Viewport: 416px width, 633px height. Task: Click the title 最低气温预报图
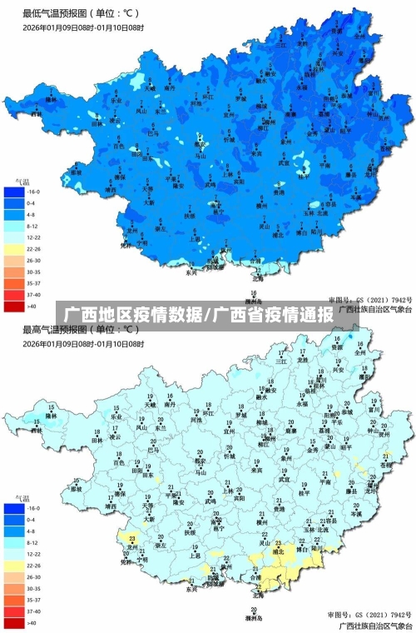click(x=81, y=13)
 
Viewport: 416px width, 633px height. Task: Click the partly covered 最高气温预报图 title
click(x=81, y=330)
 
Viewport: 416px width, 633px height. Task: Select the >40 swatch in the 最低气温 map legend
click(x=14, y=307)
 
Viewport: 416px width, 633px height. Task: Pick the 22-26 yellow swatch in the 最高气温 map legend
click(x=14, y=565)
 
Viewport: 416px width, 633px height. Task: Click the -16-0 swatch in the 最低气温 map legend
click(x=14, y=191)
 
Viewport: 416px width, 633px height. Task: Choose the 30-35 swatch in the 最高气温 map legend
click(x=14, y=588)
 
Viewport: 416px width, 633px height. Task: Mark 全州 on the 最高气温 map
click(x=359, y=352)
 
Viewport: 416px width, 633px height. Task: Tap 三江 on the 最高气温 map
click(x=280, y=361)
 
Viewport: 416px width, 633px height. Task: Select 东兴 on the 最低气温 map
click(x=191, y=272)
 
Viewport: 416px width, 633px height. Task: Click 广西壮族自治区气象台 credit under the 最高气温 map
click(x=374, y=626)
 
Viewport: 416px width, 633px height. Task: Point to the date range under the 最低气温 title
click(x=83, y=27)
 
